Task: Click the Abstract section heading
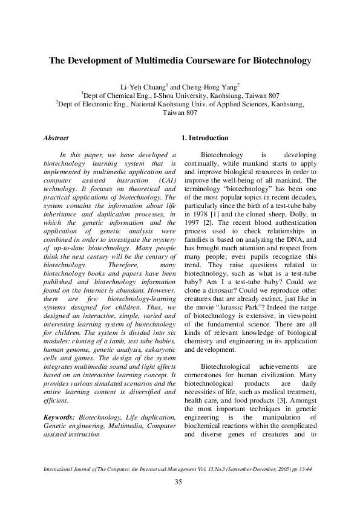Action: tap(56, 138)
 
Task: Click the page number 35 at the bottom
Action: tap(179, 482)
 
